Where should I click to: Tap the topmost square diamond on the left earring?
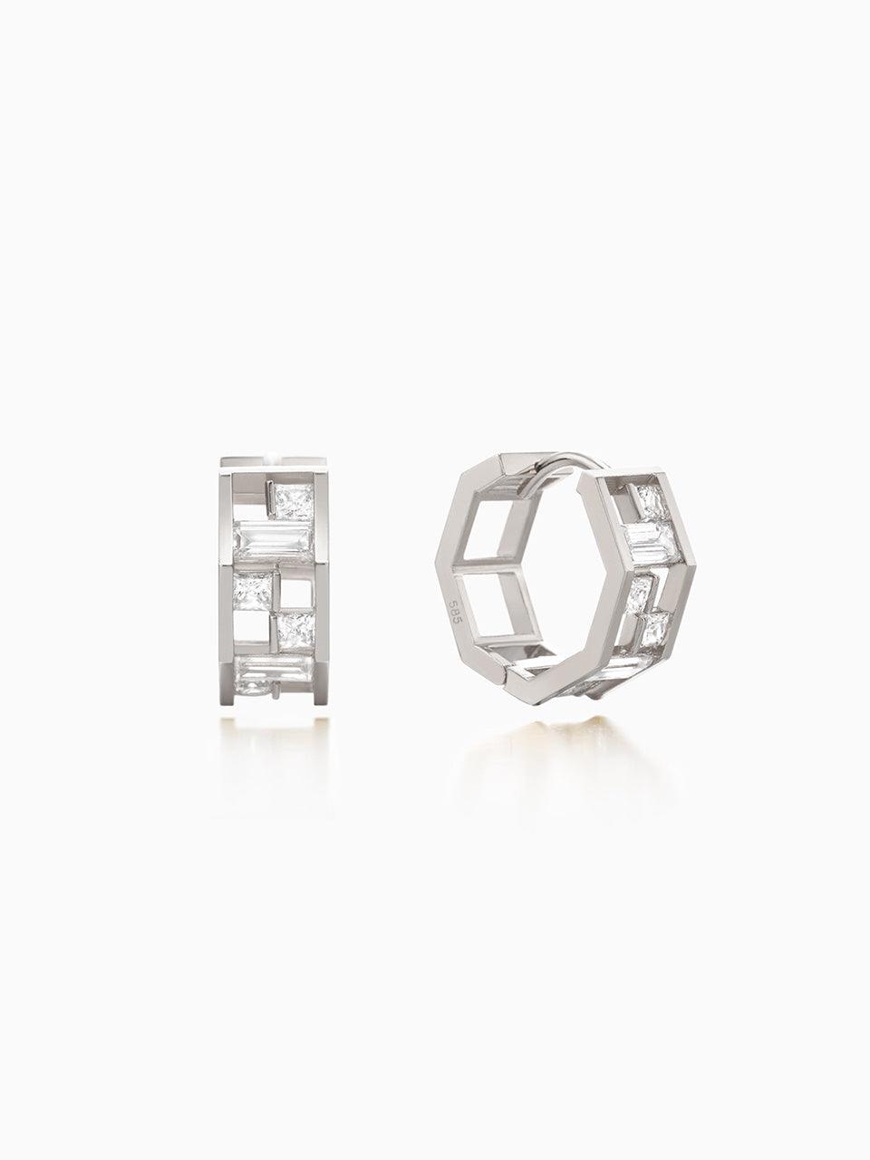295,503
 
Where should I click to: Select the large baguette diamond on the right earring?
651,544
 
